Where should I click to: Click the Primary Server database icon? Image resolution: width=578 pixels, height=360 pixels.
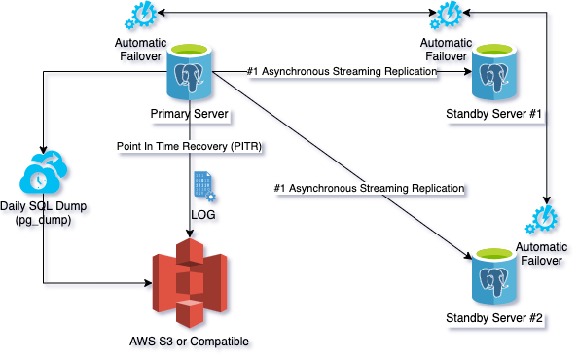(x=190, y=72)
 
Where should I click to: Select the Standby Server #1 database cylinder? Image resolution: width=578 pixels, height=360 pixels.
(x=494, y=72)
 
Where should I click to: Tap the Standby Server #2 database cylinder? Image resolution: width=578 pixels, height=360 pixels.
(x=494, y=276)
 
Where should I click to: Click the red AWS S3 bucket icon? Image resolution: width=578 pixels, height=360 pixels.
(x=190, y=283)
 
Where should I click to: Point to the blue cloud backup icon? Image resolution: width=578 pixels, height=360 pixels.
(x=44, y=171)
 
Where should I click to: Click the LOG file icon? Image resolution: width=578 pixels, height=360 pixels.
(x=204, y=187)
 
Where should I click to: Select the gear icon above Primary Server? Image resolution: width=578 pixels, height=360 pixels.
(x=140, y=15)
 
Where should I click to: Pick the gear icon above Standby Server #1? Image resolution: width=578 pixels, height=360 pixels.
(x=446, y=15)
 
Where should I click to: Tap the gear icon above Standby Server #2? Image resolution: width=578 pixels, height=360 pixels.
(x=541, y=219)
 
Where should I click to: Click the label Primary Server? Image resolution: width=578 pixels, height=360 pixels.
(x=189, y=114)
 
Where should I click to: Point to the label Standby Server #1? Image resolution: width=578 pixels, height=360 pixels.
(x=494, y=114)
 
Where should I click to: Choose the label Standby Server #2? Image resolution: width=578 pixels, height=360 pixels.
(x=494, y=317)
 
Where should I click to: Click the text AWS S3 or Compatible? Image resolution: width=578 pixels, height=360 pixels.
(x=189, y=342)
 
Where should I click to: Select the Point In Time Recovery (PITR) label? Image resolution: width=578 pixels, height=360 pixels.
(x=189, y=146)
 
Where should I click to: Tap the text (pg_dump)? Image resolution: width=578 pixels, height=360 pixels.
(x=43, y=220)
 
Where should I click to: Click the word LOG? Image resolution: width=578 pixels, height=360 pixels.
(x=203, y=214)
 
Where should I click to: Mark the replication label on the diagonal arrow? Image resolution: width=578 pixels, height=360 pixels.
(x=369, y=188)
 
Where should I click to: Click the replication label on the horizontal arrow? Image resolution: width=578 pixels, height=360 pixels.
(x=343, y=71)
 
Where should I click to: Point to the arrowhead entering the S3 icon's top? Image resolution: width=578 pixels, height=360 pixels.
(x=190, y=234)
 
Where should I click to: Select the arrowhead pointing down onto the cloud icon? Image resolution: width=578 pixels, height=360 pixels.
(x=44, y=149)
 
